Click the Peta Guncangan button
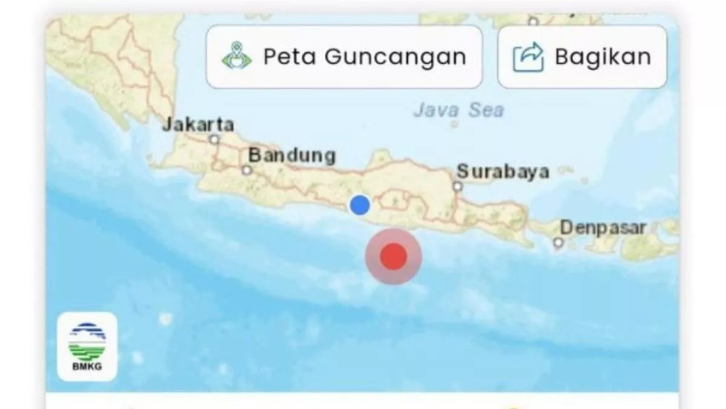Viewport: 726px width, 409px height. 344,57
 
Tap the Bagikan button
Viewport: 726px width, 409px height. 582,57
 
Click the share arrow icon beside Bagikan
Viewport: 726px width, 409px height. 528,58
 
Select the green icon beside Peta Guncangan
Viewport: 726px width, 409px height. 237,58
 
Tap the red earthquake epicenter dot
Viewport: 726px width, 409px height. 393,256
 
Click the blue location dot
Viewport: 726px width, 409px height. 360,205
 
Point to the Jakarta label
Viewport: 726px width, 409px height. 198,125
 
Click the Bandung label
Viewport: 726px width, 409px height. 292,155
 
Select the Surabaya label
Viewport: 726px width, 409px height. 503,171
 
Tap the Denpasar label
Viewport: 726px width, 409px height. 603,228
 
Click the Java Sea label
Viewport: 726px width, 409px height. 458,110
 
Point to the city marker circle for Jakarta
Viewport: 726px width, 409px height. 214,139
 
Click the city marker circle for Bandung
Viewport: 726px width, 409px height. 246,170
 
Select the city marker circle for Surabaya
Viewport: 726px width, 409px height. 458,186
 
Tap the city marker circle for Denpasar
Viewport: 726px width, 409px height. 558,243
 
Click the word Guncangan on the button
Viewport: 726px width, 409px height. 396,57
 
